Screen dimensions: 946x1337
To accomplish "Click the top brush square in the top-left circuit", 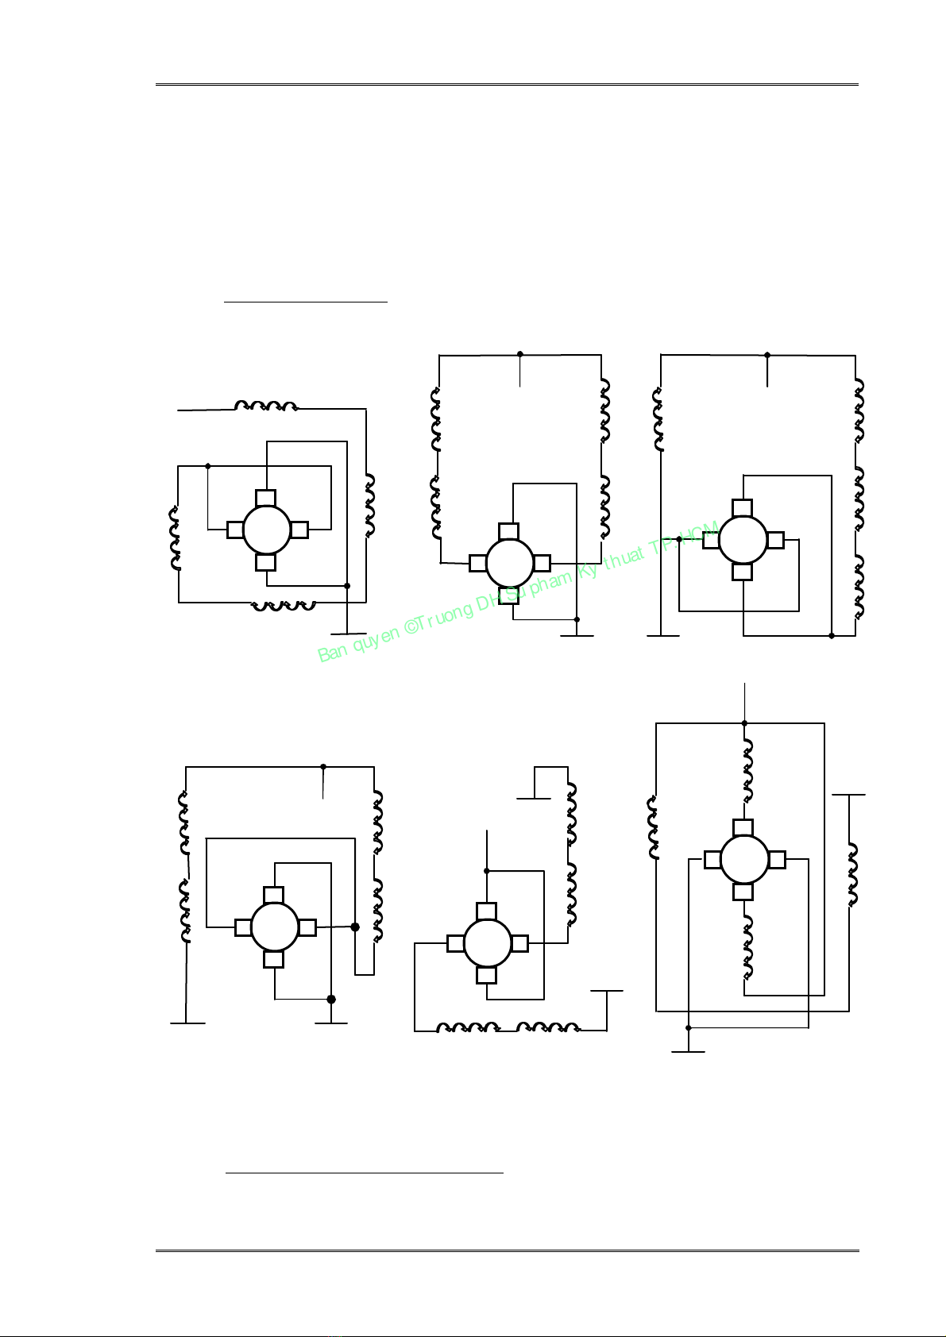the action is tap(266, 499).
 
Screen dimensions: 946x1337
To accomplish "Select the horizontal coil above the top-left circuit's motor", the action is tap(266, 406).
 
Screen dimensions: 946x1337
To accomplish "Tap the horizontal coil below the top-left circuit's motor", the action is tap(283, 606).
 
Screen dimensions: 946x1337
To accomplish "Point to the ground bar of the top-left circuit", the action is tap(348, 634).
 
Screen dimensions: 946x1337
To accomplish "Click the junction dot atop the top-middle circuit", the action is tap(519, 354).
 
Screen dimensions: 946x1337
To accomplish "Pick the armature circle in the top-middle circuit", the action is tap(509, 564).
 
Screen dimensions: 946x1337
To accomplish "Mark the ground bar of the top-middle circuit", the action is tap(577, 636).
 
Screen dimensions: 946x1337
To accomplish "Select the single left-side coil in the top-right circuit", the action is tap(658, 419).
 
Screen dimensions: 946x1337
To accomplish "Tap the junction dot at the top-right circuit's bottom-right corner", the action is tap(832, 636).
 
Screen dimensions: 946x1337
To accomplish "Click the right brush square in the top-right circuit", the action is tap(775, 540).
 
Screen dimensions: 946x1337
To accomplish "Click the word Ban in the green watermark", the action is tap(331, 653).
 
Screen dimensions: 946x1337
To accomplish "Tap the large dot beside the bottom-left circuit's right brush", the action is tap(355, 927).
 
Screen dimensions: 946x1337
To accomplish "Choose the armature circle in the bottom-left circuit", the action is tap(275, 927).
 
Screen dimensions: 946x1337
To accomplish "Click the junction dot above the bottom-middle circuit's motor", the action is tap(487, 871).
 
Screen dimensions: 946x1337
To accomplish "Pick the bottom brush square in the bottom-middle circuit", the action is tap(487, 975).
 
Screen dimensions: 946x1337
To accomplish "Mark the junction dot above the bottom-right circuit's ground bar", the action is tap(688, 1028).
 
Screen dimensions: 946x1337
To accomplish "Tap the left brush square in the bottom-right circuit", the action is tap(712, 860).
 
